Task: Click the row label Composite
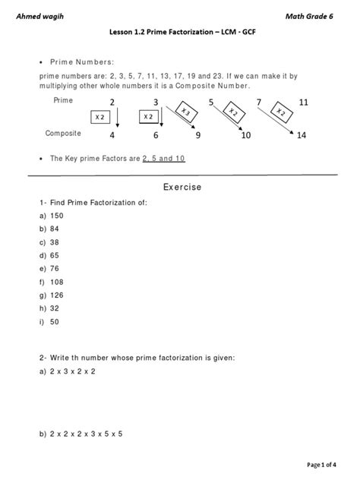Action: pos(62,133)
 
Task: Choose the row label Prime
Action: pos(63,100)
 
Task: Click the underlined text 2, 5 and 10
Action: pos(163,159)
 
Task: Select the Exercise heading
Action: pos(182,188)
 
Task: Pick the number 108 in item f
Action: pos(58,280)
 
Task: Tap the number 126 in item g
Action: pos(59,293)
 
